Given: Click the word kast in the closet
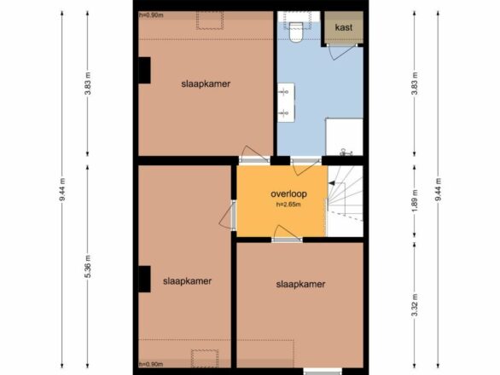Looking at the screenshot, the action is (x=344, y=27).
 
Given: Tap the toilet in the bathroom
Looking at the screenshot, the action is (x=295, y=32).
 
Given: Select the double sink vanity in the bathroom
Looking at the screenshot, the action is (x=286, y=102).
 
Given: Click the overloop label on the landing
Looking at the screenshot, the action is (x=288, y=193).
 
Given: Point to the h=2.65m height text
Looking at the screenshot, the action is (x=288, y=205).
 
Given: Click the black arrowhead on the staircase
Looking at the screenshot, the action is (x=332, y=183).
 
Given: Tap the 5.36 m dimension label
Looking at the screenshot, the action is (x=89, y=267).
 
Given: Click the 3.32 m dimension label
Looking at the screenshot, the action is (x=415, y=305).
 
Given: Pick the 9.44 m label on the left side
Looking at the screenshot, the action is (x=62, y=189).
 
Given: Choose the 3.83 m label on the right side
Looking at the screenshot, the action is (x=415, y=84).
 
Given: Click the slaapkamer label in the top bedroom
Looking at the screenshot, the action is (x=206, y=84).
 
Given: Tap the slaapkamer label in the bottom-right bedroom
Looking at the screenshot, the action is (x=300, y=284).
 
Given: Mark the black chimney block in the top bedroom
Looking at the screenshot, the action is (x=144, y=71).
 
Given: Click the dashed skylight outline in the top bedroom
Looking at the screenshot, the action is (x=210, y=20).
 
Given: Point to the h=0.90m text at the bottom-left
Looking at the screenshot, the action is (x=151, y=364).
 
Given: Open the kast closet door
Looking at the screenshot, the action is (x=342, y=52).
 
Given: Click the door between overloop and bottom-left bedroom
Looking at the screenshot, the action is (x=228, y=215).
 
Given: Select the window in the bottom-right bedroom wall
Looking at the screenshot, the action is (x=323, y=371).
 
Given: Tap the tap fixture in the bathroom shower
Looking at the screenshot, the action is (x=346, y=153).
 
